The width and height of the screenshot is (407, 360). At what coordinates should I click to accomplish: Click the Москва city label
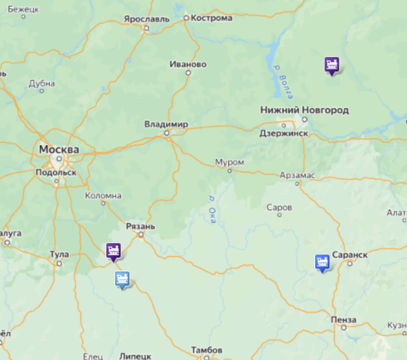59,149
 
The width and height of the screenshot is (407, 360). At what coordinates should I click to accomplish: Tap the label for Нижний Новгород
304,110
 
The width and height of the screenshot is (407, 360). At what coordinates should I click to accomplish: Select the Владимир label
166,125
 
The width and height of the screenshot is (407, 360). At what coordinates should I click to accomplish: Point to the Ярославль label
146,19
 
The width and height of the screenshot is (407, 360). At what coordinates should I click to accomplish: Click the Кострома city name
211,18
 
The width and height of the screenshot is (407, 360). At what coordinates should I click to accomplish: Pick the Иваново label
187,64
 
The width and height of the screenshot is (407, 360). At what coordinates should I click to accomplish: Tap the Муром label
229,162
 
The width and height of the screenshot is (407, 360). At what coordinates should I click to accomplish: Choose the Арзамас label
297,175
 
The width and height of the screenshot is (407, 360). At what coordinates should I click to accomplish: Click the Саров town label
279,207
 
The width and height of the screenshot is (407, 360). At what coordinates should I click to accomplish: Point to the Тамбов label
206,350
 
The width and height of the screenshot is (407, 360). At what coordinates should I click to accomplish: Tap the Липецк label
135,355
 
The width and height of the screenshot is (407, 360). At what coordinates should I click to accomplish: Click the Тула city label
59,254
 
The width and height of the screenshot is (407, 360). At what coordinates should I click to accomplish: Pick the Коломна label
103,196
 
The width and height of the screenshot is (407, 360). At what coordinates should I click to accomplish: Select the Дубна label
42,84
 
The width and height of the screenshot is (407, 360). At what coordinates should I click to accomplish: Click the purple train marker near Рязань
114,252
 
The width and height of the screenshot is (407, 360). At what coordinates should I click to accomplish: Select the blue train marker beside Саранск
322,262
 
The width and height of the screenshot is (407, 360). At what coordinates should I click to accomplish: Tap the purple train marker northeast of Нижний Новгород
331,65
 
